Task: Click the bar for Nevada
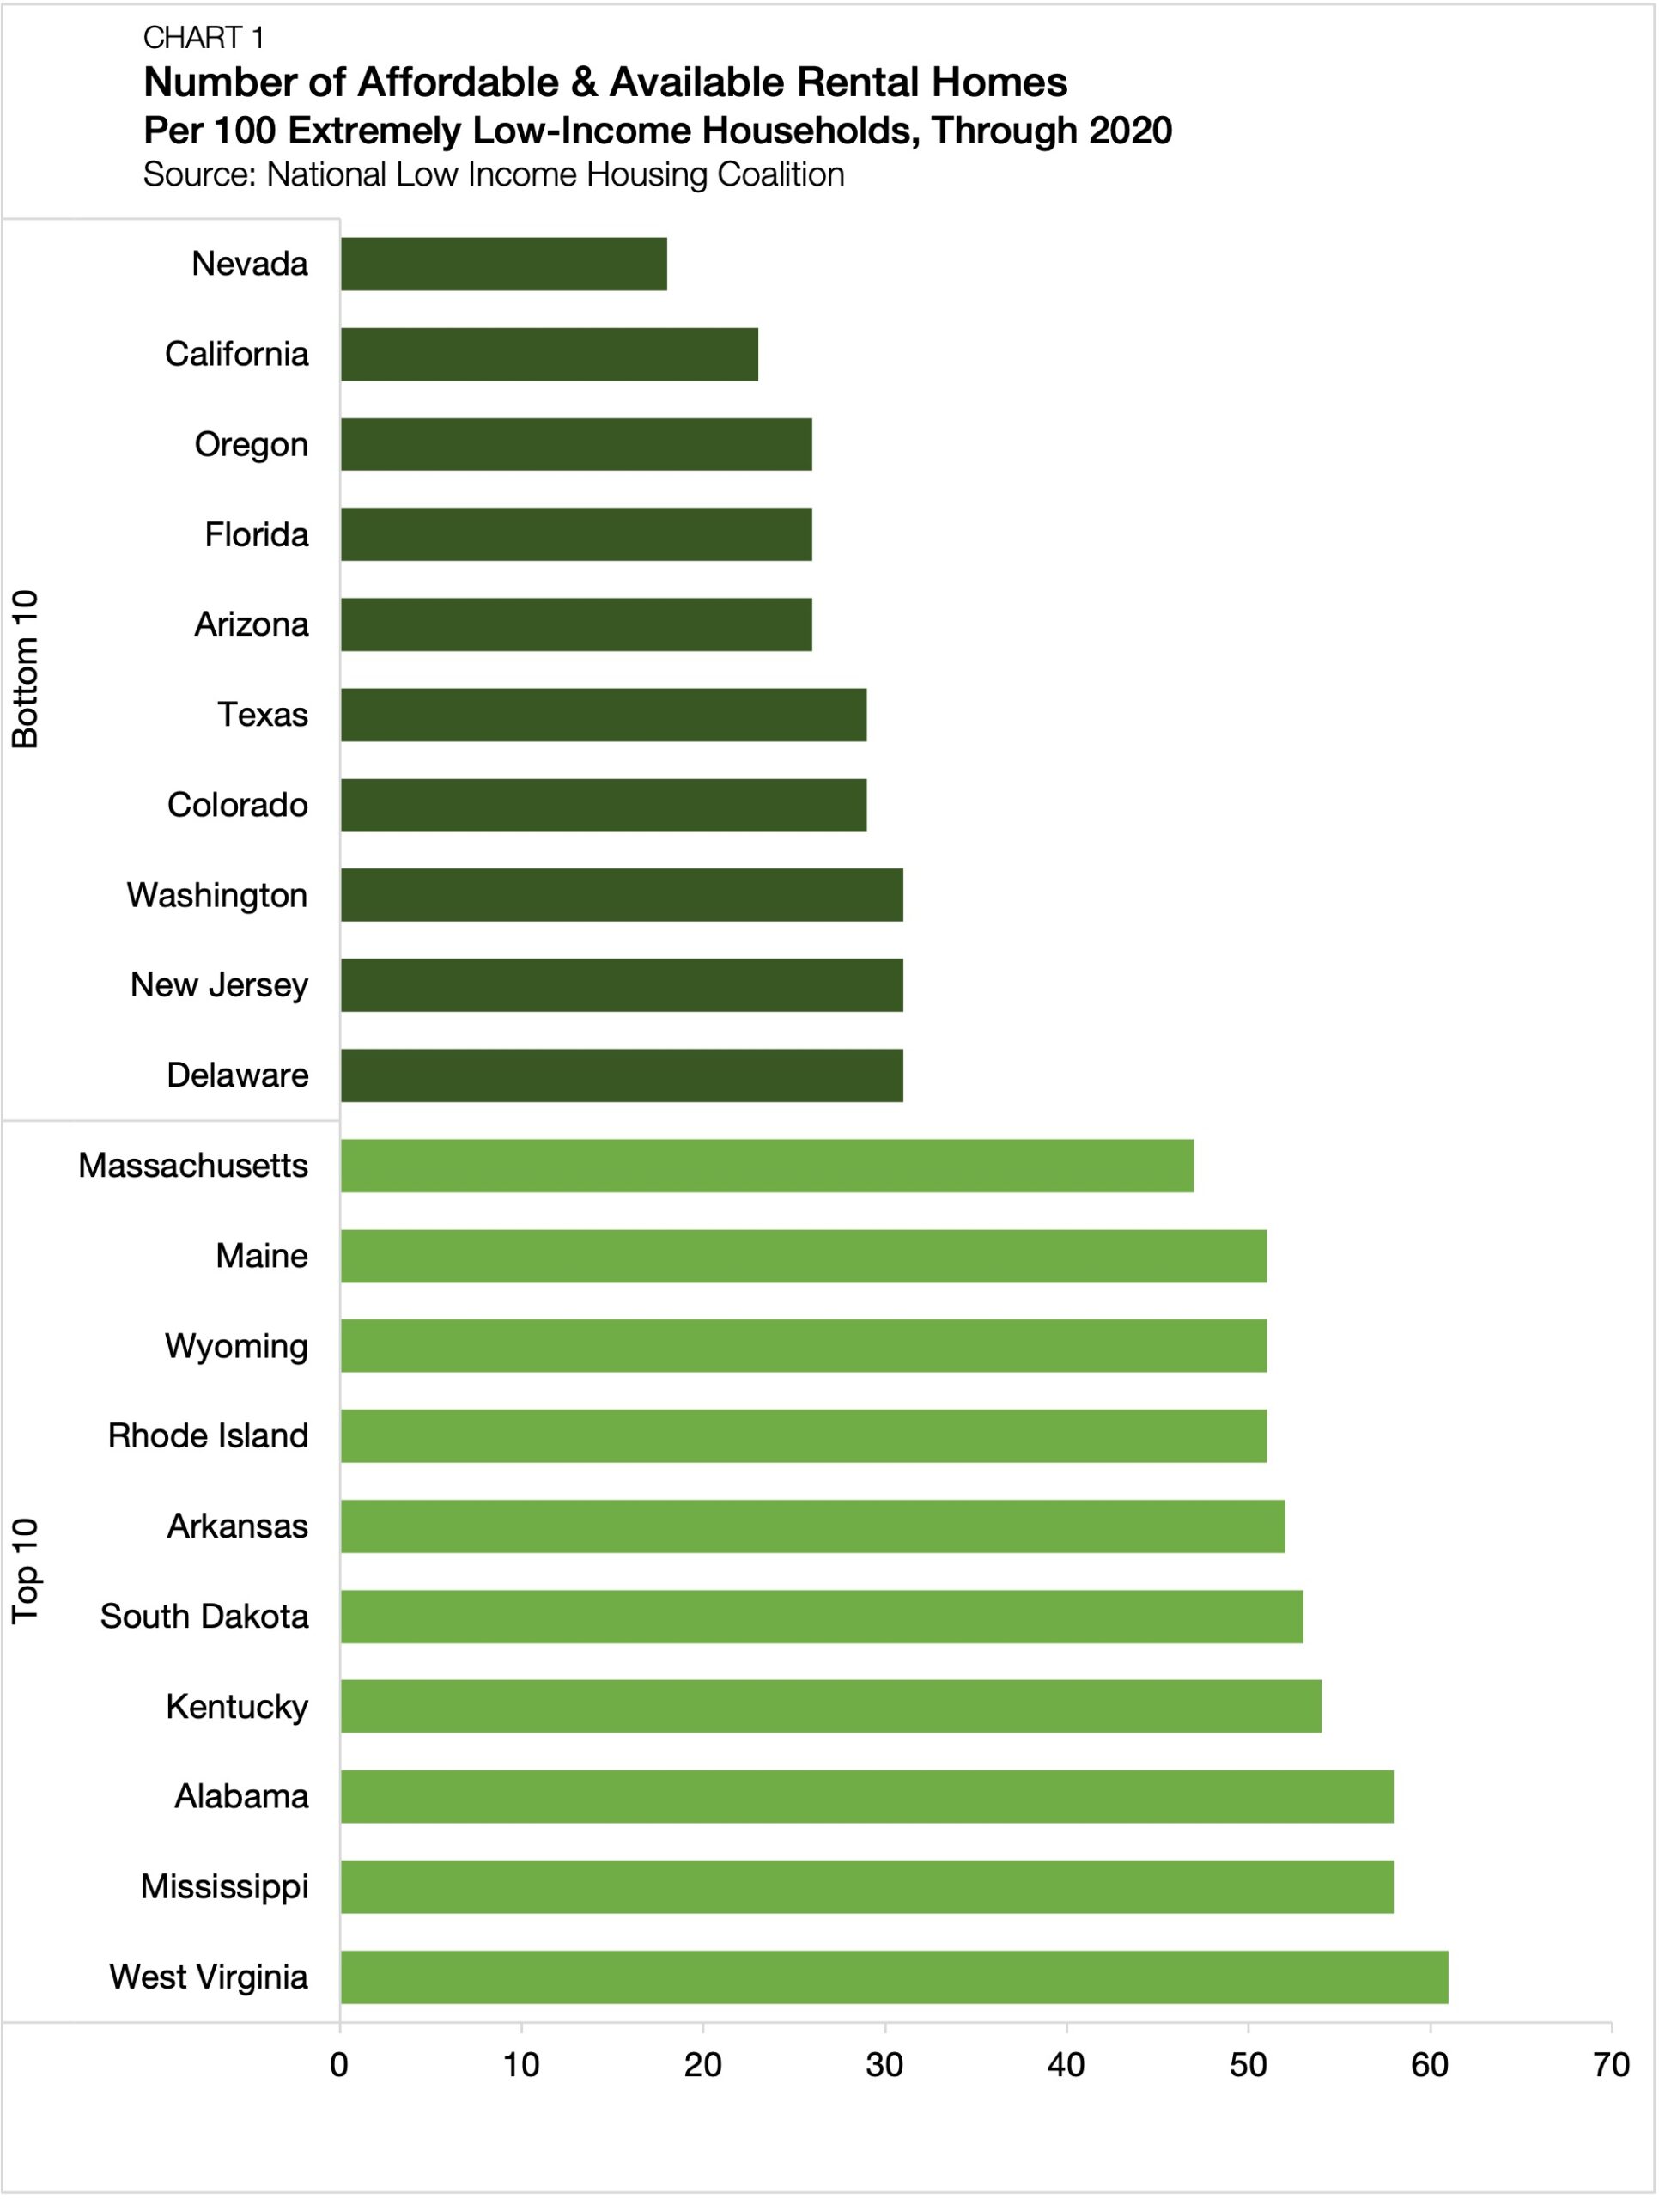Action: tap(503, 264)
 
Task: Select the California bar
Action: tap(549, 354)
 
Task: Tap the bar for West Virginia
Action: tap(894, 1977)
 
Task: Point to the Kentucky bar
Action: tap(830, 1706)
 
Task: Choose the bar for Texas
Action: tap(604, 715)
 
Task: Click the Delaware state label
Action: tap(238, 1075)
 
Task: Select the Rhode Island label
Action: tap(208, 1435)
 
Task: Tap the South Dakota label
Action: tap(204, 1616)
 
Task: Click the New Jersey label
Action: tap(219, 984)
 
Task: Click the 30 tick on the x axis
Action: tap(884, 2065)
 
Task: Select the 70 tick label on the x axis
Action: tap(1610, 2065)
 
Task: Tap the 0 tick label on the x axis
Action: tap(339, 2065)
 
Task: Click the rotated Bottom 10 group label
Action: tap(25, 668)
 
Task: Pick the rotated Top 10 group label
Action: tap(25, 1571)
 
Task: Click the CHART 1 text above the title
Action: tap(203, 38)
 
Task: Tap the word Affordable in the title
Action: tap(457, 82)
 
